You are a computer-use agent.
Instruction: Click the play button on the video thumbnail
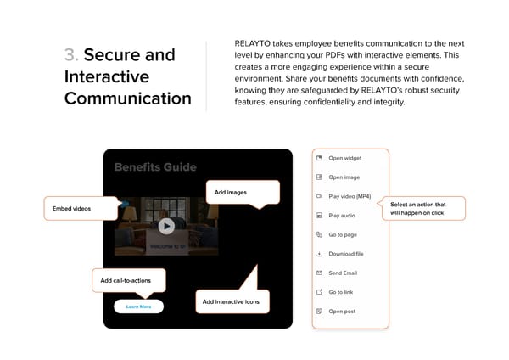click(166, 226)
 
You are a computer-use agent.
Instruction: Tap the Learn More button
click(138, 307)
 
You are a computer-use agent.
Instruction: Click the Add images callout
click(242, 193)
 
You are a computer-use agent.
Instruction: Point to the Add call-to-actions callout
click(128, 280)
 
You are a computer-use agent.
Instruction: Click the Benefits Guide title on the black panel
click(155, 167)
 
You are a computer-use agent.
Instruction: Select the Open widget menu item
click(344, 158)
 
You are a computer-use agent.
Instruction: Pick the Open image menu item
click(344, 177)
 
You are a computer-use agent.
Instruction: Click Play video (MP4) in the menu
click(350, 196)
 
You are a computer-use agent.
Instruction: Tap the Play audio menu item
click(342, 216)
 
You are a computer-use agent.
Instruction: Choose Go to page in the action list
click(343, 234)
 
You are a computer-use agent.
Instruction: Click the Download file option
click(346, 254)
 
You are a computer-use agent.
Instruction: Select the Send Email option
click(344, 273)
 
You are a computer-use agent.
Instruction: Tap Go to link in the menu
click(341, 292)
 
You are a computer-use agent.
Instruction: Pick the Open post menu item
click(342, 312)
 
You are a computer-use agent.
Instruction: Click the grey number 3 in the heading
click(70, 55)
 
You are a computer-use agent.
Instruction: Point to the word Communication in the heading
click(128, 98)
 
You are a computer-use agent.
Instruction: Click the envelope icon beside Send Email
click(319, 273)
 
